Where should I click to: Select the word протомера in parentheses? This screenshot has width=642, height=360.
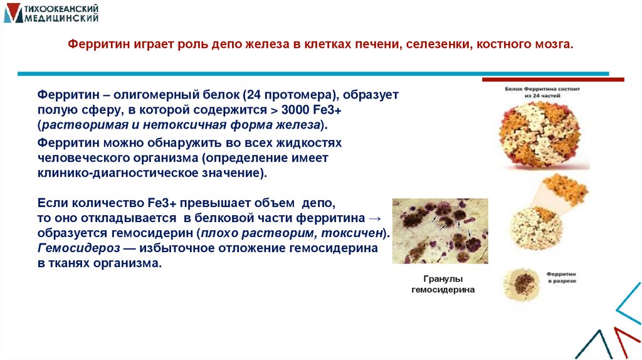pyautogui.click(x=298, y=95)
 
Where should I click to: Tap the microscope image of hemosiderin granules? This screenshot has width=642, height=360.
pyautogui.click(x=439, y=231)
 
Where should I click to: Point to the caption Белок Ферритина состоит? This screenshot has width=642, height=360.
pyautogui.click(x=543, y=90)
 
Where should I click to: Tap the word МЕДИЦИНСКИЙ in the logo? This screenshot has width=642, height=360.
pyautogui.click(x=61, y=19)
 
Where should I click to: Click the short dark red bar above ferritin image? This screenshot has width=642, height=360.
pyautogui.click(x=552, y=80)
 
